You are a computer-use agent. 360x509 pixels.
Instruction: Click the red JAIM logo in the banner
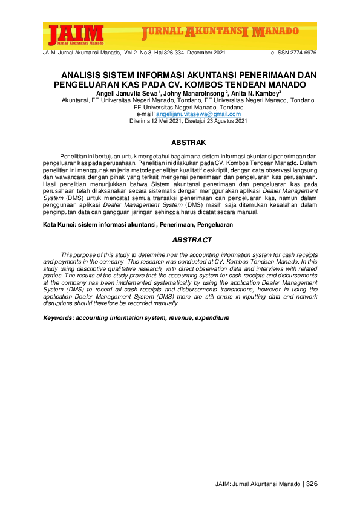click(x=76, y=34)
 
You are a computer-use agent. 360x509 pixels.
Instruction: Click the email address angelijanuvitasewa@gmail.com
click(x=189, y=114)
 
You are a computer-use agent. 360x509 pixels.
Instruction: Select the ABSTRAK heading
click(x=189, y=143)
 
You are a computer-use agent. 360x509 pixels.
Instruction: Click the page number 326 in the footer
click(x=312, y=484)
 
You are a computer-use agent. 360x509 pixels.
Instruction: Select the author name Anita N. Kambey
click(x=256, y=94)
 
